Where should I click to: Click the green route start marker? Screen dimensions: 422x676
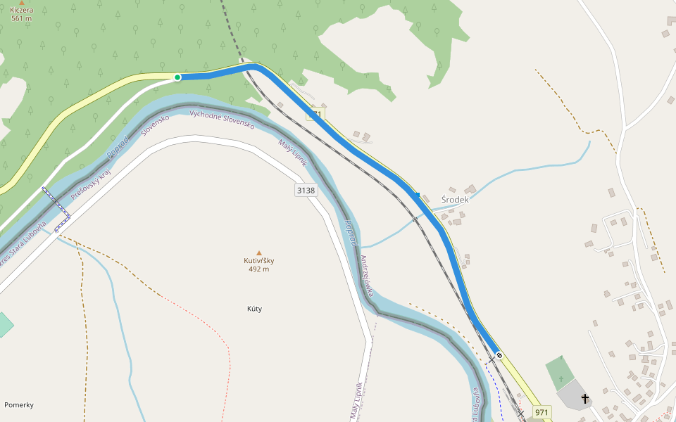[177, 77]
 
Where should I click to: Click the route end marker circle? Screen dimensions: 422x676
[499, 355]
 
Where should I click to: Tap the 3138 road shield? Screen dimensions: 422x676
[306, 191]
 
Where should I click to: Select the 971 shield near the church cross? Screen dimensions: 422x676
[542, 411]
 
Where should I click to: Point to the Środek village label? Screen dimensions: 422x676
[454, 200]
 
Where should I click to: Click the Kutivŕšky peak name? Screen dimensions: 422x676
[259, 261]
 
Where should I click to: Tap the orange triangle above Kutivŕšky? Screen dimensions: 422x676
[259, 252]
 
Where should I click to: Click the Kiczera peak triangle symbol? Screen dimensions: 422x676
[22, 3]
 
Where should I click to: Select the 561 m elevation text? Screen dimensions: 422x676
[22, 18]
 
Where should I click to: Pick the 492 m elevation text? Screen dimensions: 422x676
[259, 269]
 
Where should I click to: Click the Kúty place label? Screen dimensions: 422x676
[259, 309]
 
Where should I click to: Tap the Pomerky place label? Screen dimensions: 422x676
[19, 405]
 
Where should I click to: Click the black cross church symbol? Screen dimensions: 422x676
[584, 399]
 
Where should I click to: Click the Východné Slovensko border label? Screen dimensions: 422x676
[222, 119]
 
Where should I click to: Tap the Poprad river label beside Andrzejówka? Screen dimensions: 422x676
[351, 234]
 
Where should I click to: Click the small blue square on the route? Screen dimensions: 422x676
[418, 195]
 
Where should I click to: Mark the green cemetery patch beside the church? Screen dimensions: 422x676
[559, 371]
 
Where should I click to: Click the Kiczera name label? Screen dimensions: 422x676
[22, 11]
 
